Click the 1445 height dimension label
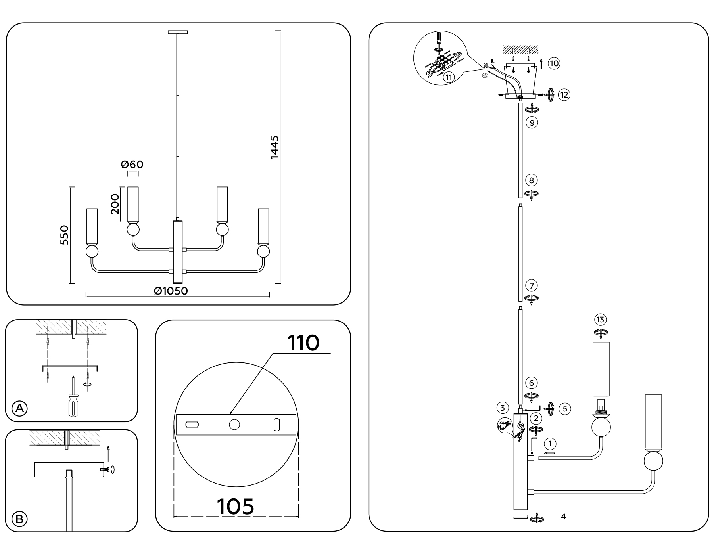click(x=274, y=147)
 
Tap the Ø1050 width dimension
click(x=171, y=291)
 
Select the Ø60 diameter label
click(x=132, y=164)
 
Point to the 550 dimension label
click(x=65, y=235)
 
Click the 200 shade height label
click(x=115, y=204)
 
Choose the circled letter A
click(x=19, y=408)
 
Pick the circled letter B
click(x=19, y=519)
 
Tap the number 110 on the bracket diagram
click(x=303, y=343)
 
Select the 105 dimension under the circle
click(x=235, y=506)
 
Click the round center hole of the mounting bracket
click(x=234, y=425)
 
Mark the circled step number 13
click(x=600, y=320)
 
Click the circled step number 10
click(x=554, y=63)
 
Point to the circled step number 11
click(x=449, y=77)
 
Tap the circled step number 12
click(x=564, y=95)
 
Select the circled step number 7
click(x=532, y=285)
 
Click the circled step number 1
click(x=550, y=444)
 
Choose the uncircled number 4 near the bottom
click(x=563, y=517)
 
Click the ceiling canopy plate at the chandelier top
click(x=178, y=32)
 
